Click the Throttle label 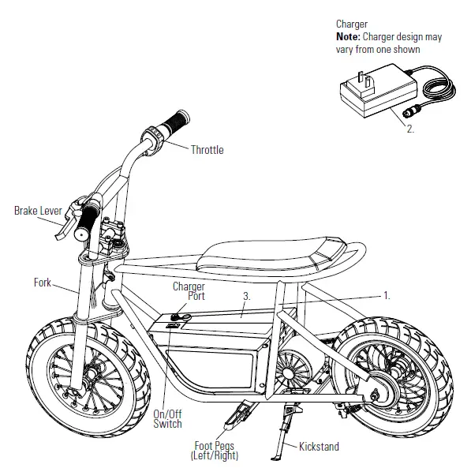pos(207,150)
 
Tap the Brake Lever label pos(37,211)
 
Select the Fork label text pos(43,282)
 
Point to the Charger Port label pos(189,292)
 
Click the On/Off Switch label pos(167,418)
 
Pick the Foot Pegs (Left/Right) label pos(214,451)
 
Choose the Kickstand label pos(319,447)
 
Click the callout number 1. pos(387,296)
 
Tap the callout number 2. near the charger pos(409,129)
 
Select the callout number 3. pos(247,296)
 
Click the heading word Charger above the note pos(352,24)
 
